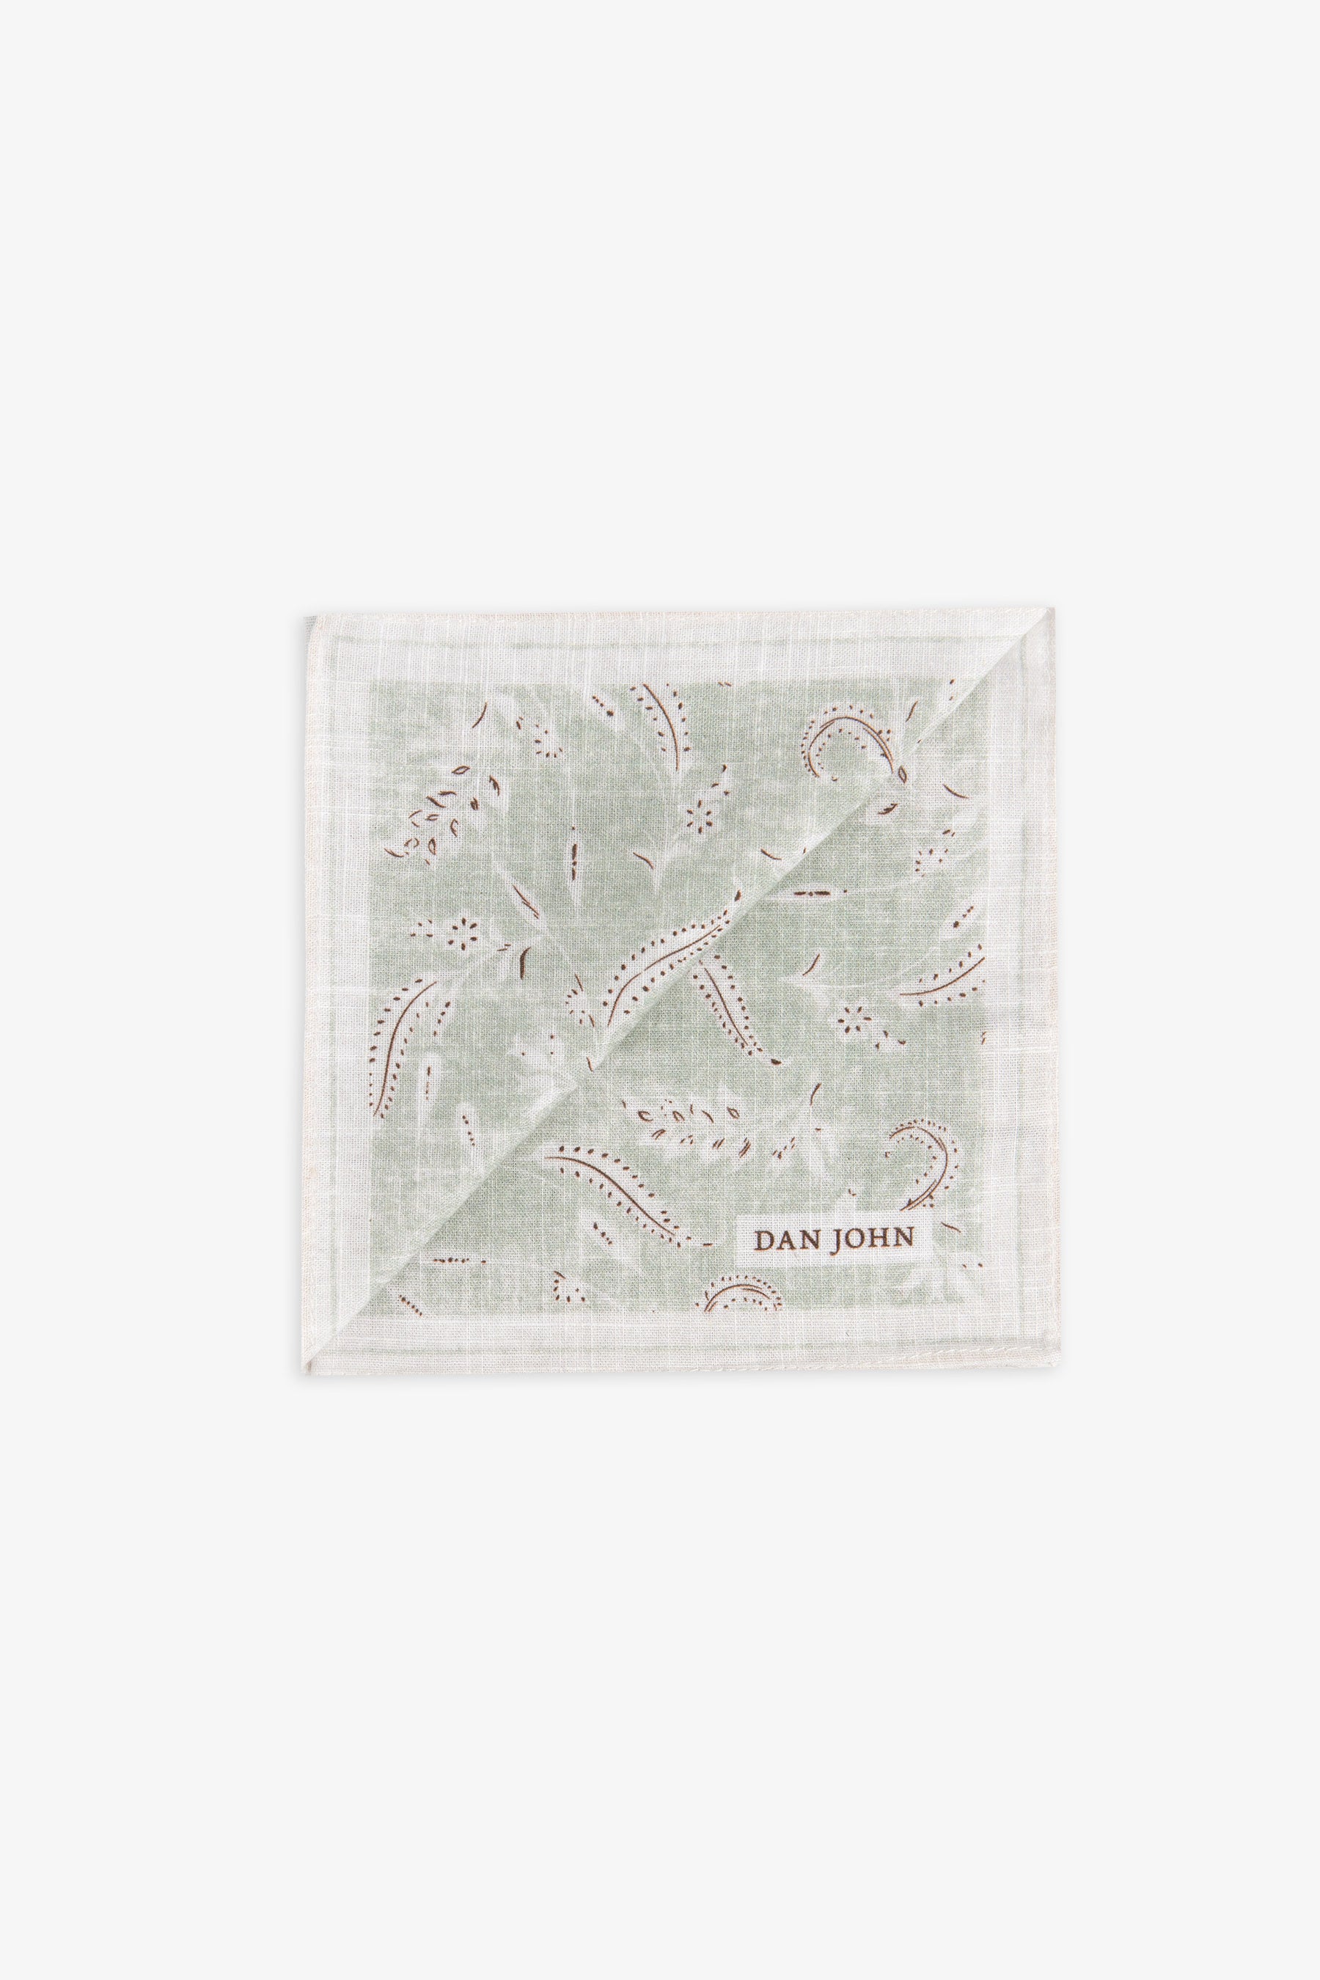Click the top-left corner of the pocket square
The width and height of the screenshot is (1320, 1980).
[x=306, y=617]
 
